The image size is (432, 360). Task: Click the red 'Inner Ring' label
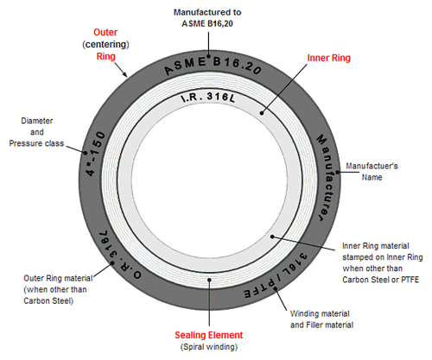328,58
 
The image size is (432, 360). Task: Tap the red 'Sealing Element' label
209,335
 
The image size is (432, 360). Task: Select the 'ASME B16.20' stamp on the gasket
213,66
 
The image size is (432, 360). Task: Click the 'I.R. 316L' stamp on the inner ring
208,98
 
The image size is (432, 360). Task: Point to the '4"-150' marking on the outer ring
96,154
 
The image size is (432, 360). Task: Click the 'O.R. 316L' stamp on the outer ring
119,255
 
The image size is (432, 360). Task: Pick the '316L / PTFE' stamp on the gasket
276,276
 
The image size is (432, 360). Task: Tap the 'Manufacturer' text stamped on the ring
326,177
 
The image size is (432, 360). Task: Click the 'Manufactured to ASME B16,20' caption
207,18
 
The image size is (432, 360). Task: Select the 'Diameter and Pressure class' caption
36,132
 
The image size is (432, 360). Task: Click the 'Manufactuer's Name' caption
372,172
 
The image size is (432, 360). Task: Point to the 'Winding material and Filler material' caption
321,319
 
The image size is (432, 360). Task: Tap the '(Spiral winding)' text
209,347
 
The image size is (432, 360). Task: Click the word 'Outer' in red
105,32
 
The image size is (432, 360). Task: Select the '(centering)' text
105,44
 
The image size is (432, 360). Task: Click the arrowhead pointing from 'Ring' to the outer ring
125,74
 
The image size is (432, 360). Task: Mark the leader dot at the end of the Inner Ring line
262,113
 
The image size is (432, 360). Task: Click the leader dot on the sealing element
209,280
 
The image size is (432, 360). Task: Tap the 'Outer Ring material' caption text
58,278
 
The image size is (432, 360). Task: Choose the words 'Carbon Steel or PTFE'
380,280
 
